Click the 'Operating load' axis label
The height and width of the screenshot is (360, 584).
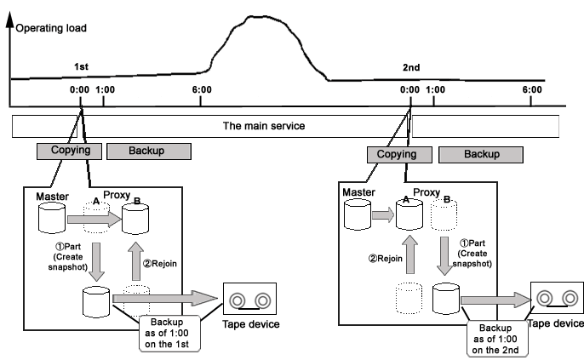[x=51, y=28]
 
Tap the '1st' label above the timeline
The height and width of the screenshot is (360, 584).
[x=81, y=67]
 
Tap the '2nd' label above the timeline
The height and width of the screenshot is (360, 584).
[x=411, y=67]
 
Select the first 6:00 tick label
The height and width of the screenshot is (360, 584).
[x=202, y=89]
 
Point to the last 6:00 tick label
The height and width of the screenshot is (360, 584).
[x=532, y=89]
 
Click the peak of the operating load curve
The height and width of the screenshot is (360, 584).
[x=257, y=16]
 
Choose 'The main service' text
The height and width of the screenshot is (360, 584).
[x=264, y=126]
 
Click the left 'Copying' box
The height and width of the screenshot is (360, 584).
[x=69, y=151]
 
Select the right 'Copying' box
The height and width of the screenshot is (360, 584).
[x=399, y=155]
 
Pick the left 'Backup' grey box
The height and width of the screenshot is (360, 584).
[x=149, y=151]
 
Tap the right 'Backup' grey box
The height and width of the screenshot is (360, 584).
[x=481, y=155]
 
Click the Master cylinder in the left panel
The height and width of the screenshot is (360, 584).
[x=52, y=218]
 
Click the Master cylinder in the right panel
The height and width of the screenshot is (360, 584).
[x=358, y=214]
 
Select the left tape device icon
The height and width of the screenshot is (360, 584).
[x=249, y=299]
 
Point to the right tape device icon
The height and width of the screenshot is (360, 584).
[x=557, y=298]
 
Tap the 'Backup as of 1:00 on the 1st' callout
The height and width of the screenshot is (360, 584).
[x=169, y=334]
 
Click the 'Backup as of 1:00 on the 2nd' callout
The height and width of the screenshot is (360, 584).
[x=497, y=339]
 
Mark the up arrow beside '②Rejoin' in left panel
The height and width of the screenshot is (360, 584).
[x=136, y=261]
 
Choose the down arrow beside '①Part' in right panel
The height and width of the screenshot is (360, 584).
[x=444, y=256]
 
